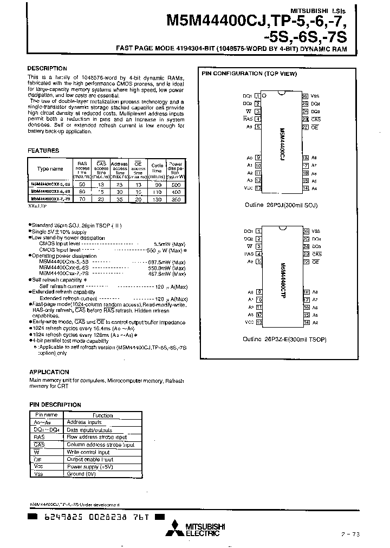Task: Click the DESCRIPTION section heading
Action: point(47,69)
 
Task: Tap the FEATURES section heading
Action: point(43,151)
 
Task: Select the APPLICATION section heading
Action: point(49,372)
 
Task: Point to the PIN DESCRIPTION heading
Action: point(55,405)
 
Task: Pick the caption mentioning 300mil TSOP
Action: point(277,340)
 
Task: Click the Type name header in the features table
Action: point(50,168)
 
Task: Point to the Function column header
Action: point(102,415)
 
